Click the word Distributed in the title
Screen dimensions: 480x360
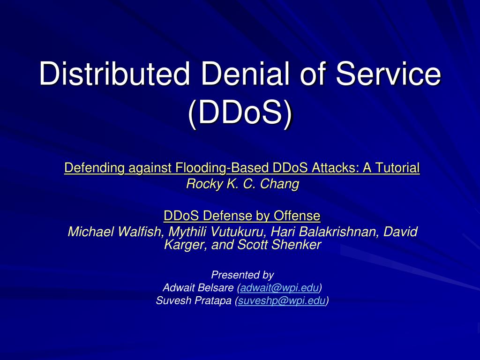[114, 74]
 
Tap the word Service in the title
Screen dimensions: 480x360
[389, 74]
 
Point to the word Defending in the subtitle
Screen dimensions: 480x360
[94, 168]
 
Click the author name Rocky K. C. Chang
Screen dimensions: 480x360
[242, 184]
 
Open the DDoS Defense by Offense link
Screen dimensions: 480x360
[242, 216]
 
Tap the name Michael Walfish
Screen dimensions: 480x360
[114, 232]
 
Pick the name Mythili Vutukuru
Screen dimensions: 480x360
[216, 232]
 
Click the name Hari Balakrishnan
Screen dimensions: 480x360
[321, 232]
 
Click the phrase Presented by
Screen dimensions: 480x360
[242, 275]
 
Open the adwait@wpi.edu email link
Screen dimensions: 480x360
[279, 288]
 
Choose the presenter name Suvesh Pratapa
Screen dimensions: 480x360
[194, 300]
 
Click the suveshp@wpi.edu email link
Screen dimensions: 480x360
[282, 301]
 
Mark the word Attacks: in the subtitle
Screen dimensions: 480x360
[335, 168]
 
